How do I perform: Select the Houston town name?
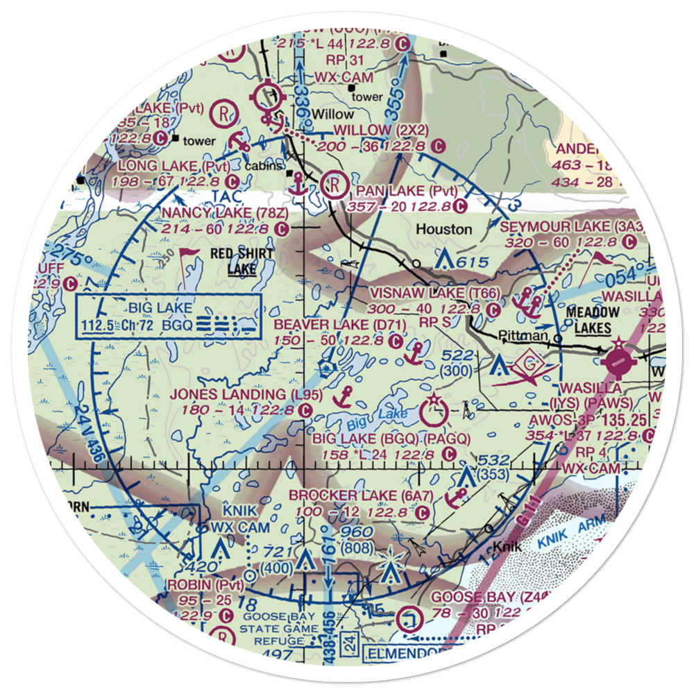coord(444,228)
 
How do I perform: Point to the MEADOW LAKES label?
coord(588,319)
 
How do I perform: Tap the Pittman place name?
coord(520,336)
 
